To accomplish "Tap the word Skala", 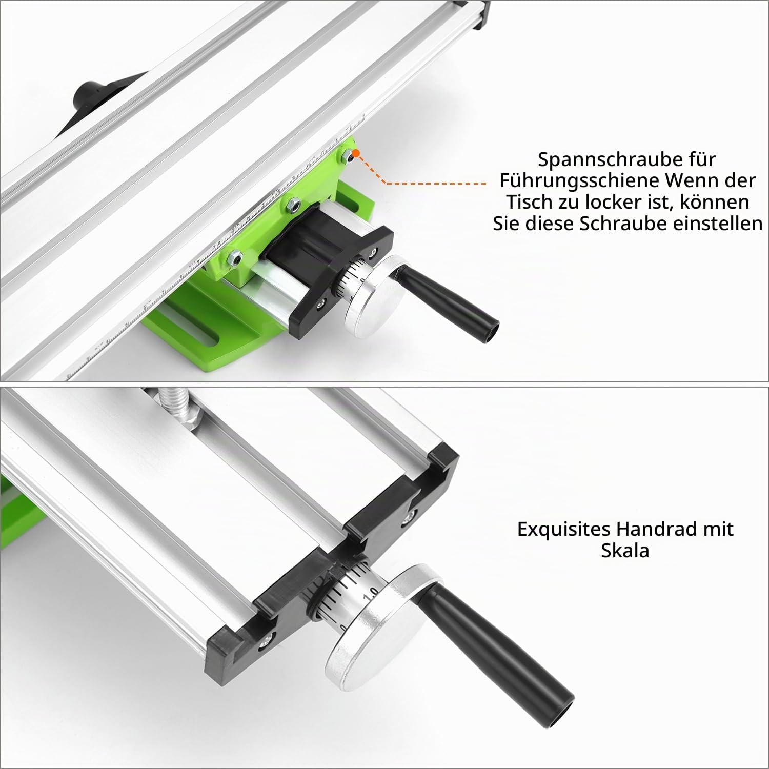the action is (x=625, y=551).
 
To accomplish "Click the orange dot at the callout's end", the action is (x=358, y=152).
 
